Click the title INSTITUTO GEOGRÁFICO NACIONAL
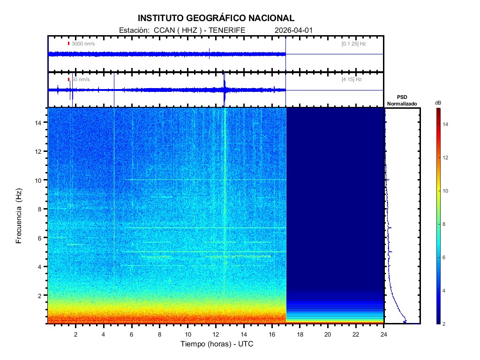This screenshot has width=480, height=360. (216, 18)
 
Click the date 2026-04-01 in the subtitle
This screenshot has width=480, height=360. (293, 30)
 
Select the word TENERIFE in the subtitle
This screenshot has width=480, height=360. (227, 30)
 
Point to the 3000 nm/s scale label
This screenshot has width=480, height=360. (83, 44)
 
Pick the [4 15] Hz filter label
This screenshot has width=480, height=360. (352, 80)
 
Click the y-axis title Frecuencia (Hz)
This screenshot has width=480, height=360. (19, 216)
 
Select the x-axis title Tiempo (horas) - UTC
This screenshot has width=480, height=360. (217, 344)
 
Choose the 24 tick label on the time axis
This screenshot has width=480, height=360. (383, 334)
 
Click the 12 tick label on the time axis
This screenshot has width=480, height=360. (216, 334)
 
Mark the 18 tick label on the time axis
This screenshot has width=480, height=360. (300, 334)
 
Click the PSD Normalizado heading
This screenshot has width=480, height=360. (402, 100)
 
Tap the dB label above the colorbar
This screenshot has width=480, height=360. (438, 103)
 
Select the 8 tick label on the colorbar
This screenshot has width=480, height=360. (446, 225)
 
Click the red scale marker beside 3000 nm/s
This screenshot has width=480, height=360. (68, 44)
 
